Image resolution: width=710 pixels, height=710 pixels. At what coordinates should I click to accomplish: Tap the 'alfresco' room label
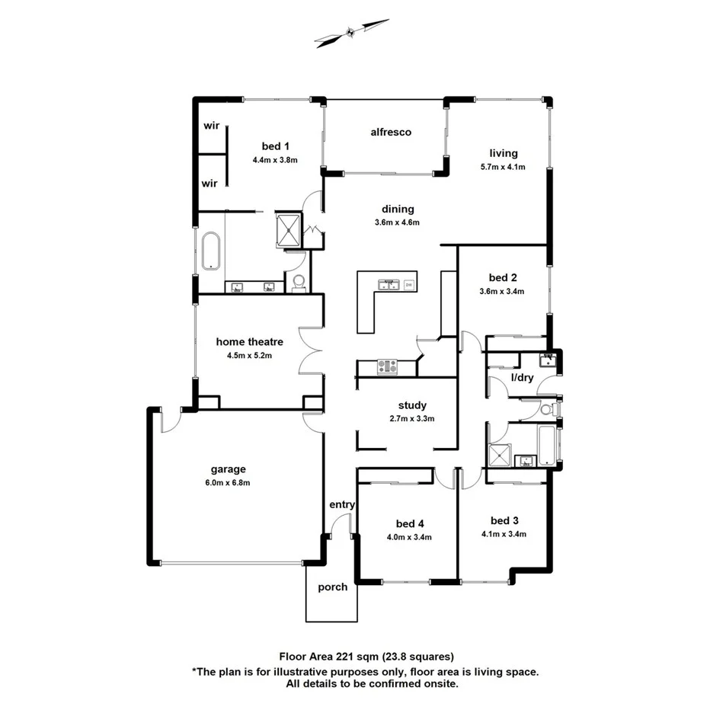tap(391, 132)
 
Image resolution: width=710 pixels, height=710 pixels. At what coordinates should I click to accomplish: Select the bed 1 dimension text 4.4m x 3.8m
tap(274, 160)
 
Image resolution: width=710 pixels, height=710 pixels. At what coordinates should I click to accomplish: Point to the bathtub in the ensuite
tap(210, 251)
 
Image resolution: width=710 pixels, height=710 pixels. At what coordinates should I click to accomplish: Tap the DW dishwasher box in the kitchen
tap(409, 285)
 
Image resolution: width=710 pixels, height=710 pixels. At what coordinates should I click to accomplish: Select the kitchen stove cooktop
tap(386, 366)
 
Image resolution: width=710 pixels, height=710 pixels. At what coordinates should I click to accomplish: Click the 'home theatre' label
tap(249, 342)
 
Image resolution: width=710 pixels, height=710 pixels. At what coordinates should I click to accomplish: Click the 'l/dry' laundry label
tap(522, 377)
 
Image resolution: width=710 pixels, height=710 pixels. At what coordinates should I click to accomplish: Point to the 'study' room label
tap(412, 405)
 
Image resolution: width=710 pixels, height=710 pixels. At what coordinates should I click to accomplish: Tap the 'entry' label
tap(342, 505)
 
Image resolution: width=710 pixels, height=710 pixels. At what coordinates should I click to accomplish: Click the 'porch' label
tap(333, 587)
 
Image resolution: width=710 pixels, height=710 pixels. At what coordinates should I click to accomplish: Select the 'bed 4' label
tap(409, 523)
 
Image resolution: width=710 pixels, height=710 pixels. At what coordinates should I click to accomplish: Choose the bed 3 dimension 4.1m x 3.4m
tap(504, 534)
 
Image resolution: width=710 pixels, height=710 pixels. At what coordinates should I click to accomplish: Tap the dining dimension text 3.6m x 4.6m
tap(398, 222)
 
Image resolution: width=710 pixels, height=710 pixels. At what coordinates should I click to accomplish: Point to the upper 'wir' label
tap(210, 126)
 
